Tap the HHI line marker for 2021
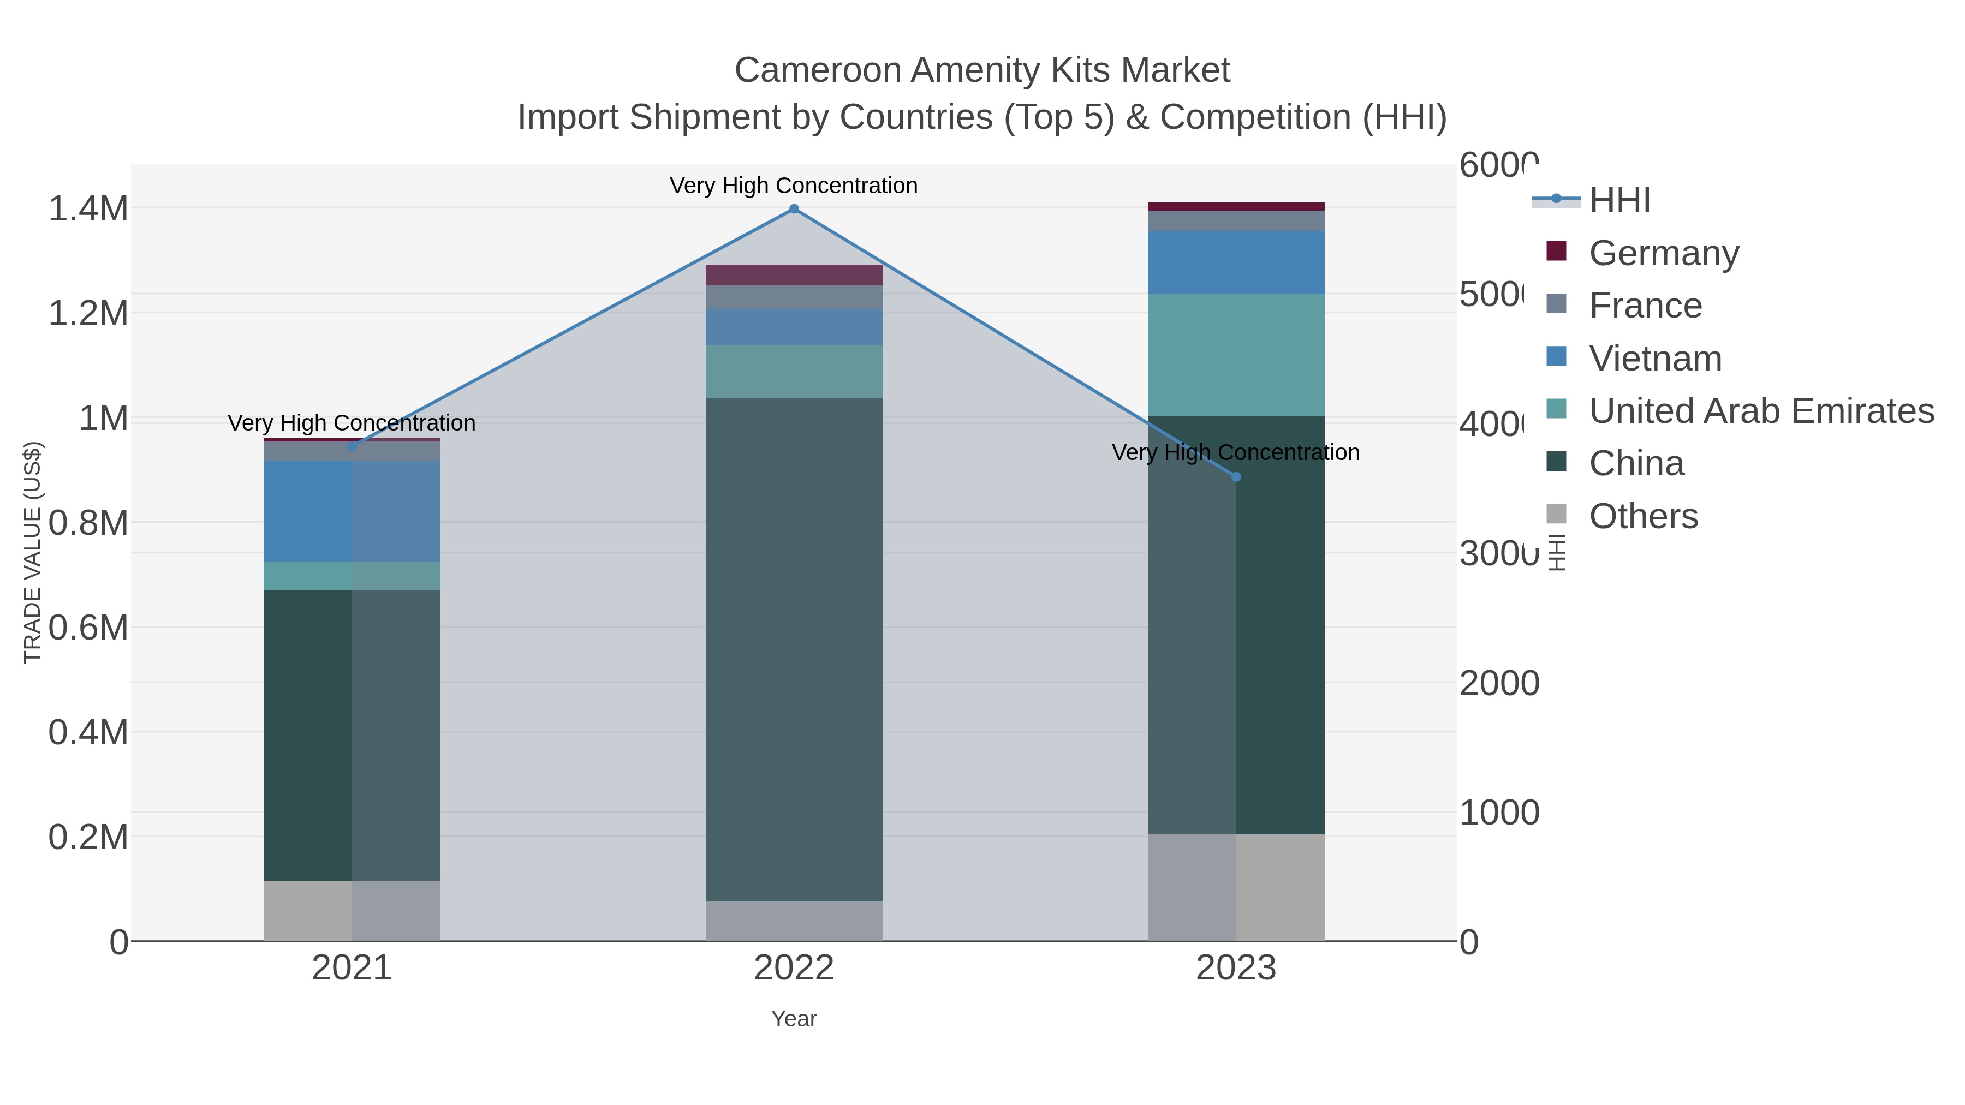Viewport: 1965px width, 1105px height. click(x=352, y=446)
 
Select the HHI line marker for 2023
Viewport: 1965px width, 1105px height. click(x=1236, y=477)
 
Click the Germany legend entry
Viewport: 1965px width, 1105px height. click(x=1664, y=253)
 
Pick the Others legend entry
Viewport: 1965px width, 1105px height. click(x=1643, y=516)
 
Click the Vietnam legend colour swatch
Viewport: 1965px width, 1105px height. click(x=1556, y=357)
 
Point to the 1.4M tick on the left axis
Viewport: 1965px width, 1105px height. click(x=88, y=209)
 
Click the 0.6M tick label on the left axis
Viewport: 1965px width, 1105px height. click(x=88, y=628)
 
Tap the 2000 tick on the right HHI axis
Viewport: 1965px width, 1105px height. click(x=1499, y=683)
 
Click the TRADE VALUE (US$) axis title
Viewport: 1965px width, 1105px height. click(x=32, y=552)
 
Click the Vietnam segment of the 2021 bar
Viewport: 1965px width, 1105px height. click(x=352, y=511)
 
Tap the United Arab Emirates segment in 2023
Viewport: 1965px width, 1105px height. click(x=1236, y=355)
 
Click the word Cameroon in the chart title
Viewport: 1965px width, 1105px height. click(x=817, y=70)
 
